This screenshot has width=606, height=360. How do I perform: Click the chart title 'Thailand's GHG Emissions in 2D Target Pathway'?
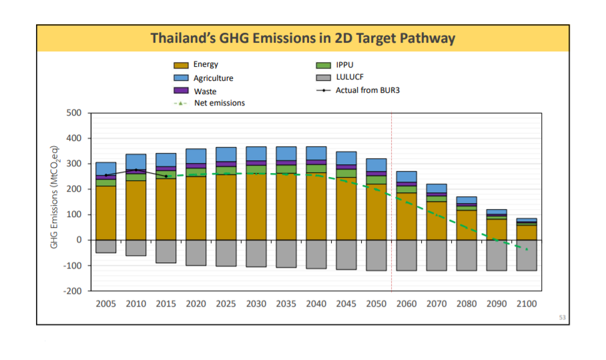pos(302,38)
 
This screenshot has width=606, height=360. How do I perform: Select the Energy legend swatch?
pos(182,65)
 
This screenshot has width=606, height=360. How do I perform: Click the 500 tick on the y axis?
pos(73,113)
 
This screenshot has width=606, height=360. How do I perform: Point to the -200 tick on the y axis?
pos(72,291)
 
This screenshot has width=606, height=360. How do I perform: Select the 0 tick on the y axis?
pos(78,240)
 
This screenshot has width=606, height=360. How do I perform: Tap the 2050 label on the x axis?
pos(376,304)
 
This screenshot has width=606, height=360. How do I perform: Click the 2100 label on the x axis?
pos(527,304)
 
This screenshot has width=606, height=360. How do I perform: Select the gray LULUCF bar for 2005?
pos(105,246)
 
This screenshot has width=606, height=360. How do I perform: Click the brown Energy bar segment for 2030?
pos(256,207)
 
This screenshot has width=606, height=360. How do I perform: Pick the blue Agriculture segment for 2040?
pos(316,153)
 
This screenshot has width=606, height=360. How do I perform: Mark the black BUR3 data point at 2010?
pos(136,170)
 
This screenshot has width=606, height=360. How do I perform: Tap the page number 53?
pos(562,317)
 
